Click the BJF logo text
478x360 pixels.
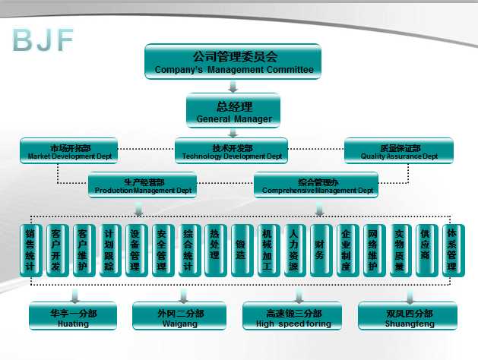point(43,40)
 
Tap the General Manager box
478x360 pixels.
point(233,110)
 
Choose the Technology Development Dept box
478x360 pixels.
point(232,151)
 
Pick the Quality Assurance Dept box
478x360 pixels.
point(399,151)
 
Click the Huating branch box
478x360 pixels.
point(73,317)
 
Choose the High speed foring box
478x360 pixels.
point(289,317)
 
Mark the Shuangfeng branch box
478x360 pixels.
point(397,317)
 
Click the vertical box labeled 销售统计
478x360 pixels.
point(30,250)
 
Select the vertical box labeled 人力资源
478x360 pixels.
point(293,250)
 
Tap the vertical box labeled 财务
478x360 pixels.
point(320,250)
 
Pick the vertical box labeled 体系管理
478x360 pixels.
point(451,250)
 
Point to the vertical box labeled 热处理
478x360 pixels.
point(214,250)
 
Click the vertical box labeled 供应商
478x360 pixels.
point(425,250)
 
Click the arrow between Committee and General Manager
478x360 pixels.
point(233,86)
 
